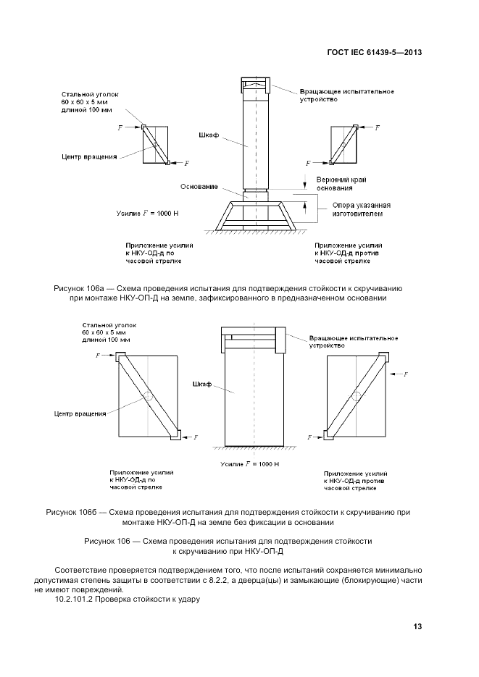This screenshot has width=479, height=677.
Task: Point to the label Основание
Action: click(x=200, y=187)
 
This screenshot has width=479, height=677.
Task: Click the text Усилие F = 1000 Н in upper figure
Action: click(x=151, y=213)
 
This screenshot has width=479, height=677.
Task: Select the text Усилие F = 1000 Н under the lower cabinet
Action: click(x=246, y=463)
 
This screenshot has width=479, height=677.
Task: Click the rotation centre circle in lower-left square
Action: click(x=148, y=397)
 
